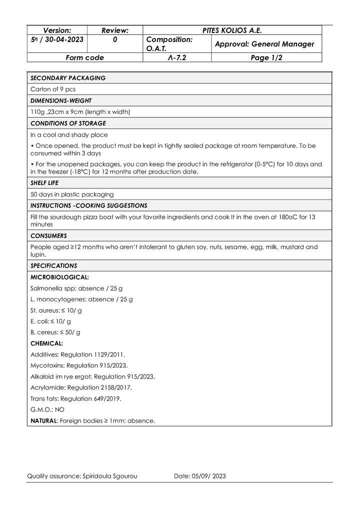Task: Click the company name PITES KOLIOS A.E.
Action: [232, 30]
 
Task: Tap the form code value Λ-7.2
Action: [177, 57]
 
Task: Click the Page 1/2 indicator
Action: [266, 57]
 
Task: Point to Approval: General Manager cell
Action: [264, 44]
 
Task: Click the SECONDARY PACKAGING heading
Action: [68, 78]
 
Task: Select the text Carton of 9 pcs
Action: [53, 89]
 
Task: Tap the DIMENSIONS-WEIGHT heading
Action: [61, 100]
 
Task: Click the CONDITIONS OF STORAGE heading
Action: [68, 123]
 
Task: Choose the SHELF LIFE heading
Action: [45, 183]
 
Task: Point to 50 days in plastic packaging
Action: [72, 194]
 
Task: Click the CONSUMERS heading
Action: [48, 235]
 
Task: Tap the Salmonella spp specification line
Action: [76, 288]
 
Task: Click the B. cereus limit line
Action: [55, 332]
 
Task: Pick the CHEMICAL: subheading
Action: [46, 343]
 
